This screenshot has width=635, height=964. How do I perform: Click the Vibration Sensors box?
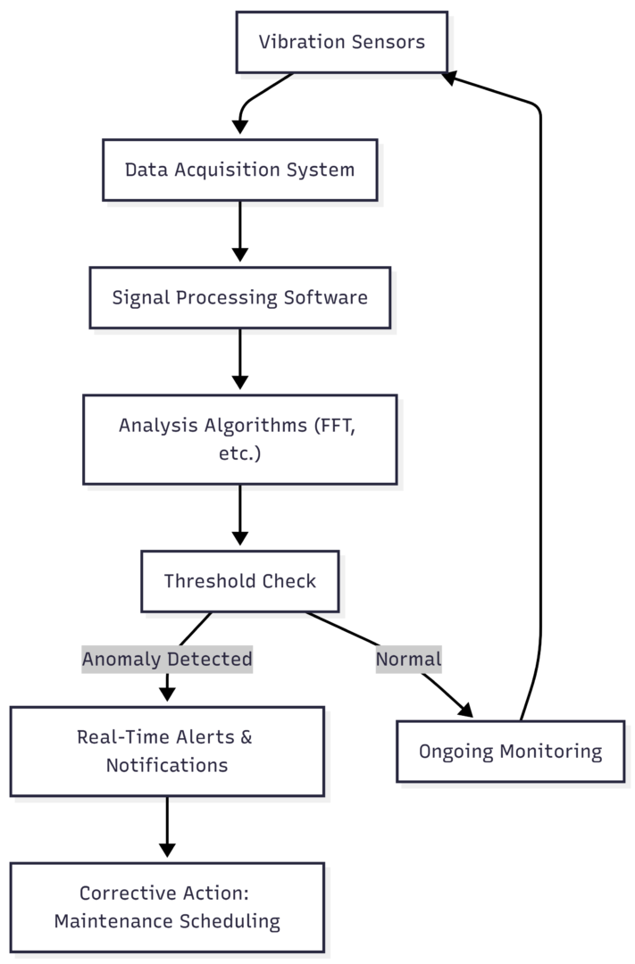[x=341, y=42]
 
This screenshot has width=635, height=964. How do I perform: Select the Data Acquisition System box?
[x=239, y=170]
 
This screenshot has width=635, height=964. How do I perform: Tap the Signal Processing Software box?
[x=239, y=297]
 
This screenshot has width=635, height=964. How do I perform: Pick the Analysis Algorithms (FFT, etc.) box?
[x=239, y=439]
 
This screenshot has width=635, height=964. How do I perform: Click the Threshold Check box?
[x=239, y=581]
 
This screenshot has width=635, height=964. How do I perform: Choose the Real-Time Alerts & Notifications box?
[x=167, y=751]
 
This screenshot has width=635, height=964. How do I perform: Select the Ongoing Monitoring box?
[x=510, y=751]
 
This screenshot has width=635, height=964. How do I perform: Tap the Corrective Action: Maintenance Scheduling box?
[x=167, y=907]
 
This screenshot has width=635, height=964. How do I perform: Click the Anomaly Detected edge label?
[x=167, y=660]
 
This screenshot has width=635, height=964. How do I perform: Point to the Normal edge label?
[x=408, y=660]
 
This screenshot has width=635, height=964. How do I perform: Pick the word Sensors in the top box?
[x=389, y=42]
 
